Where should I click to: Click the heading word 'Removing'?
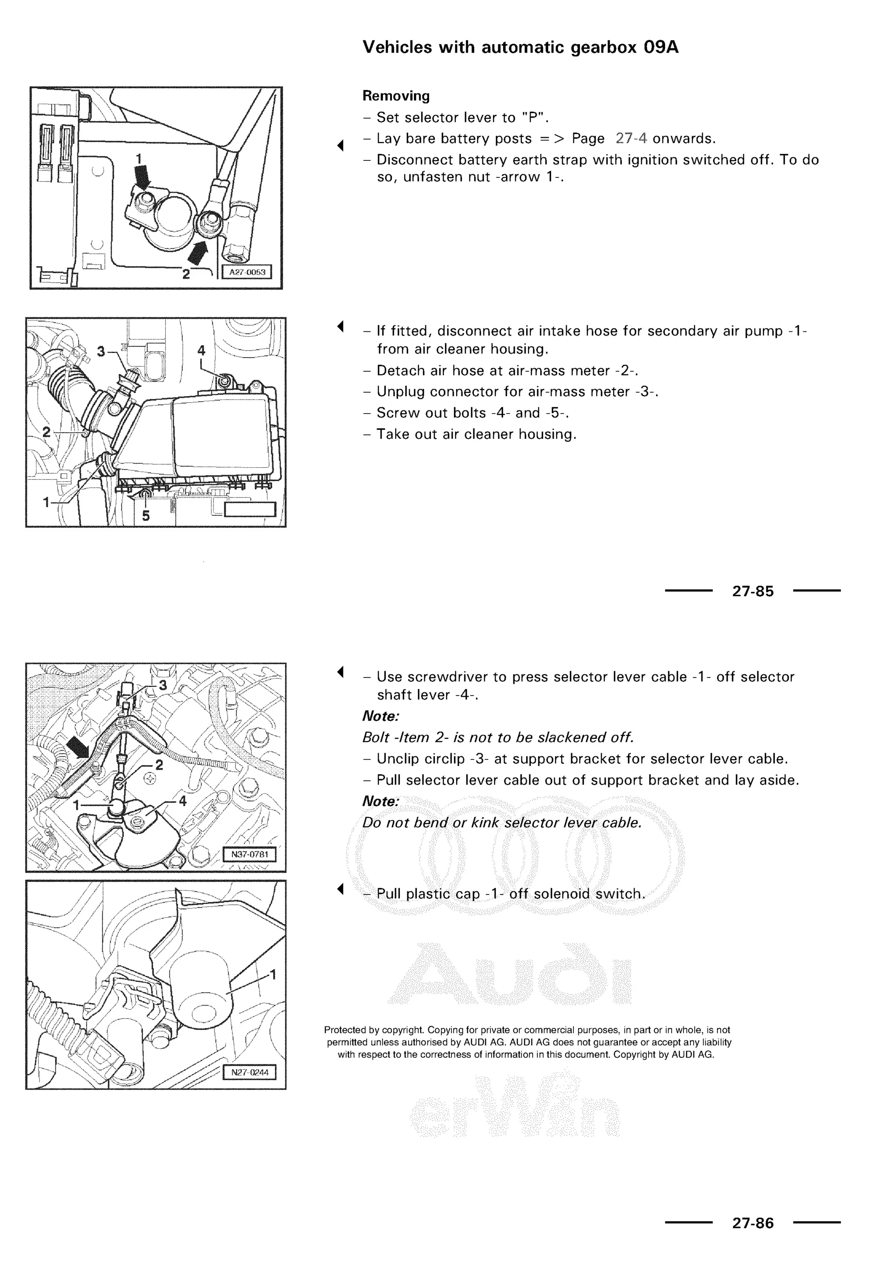[395, 96]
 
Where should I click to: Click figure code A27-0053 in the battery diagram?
[247, 272]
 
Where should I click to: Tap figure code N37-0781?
[250, 855]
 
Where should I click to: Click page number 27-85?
[753, 591]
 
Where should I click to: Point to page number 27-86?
[753, 1223]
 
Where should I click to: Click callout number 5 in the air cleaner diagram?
[146, 515]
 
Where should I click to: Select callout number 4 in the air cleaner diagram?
[201, 351]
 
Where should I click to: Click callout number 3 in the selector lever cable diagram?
[163, 685]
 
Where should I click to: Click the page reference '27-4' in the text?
[631, 139]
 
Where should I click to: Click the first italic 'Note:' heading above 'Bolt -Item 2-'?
[380, 716]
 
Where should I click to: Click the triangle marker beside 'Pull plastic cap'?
[340, 889]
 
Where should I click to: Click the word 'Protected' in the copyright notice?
[345, 1029]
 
